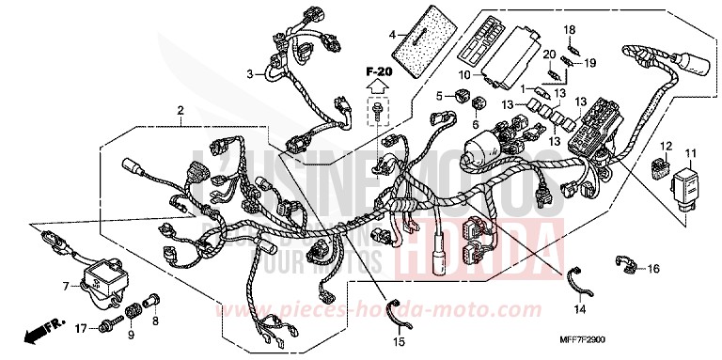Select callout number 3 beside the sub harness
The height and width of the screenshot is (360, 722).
[249, 73]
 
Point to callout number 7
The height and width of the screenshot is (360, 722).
[66, 285]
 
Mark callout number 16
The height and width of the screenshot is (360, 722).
[653, 269]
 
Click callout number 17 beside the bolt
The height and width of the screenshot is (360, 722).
[83, 328]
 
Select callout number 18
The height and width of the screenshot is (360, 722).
[569, 30]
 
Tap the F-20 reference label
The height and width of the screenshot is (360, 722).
[378, 71]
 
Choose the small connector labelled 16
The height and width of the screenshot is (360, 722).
[624, 265]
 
